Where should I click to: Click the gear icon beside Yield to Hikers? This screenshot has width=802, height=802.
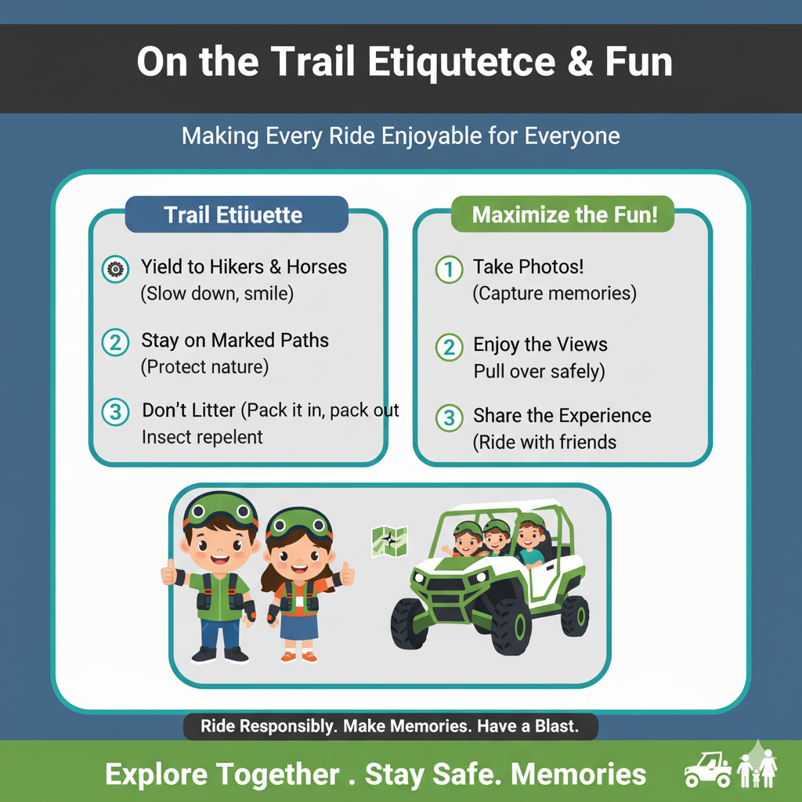tap(115, 269)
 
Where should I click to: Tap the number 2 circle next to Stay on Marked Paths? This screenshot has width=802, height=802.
tap(115, 342)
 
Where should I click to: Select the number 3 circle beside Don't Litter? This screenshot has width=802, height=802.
tap(115, 412)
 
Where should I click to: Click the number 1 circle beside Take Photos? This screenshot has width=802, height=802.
tap(449, 269)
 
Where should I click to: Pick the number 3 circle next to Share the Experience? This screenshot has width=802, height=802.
tap(449, 417)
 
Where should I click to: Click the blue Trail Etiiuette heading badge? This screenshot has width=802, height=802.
tap(237, 215)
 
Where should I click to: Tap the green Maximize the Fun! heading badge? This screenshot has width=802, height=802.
tap(562, 215)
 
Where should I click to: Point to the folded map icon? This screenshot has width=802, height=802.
tap(389, 542)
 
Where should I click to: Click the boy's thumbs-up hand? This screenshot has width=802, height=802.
tap(169, 572)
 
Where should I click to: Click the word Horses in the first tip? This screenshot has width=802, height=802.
tap(316, 266)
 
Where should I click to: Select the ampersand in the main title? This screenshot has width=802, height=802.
tap(580, 62)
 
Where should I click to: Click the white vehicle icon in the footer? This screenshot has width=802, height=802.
tap(708, 769)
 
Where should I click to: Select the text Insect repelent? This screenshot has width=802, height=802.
tap(202, 437)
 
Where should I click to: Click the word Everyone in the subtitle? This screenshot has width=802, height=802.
tap(572, 136)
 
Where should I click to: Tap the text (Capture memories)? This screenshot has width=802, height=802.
tap(555, 294)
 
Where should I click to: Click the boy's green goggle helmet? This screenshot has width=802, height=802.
tap(220, 511)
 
